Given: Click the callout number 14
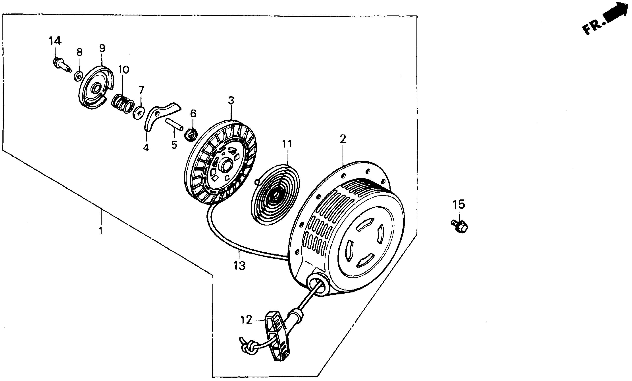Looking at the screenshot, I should [x=55, y=41].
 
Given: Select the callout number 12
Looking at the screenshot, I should [x=246, y=320].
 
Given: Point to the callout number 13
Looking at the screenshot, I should [x=239, y=266].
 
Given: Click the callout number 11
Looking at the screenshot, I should [x=287, y=144].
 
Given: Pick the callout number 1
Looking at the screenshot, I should [x=101, y=231].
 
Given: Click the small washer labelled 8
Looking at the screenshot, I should [x=78, y=76].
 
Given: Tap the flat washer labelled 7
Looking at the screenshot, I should [x=139, y=112].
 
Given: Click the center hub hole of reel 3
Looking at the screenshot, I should [x=226, y=167].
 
